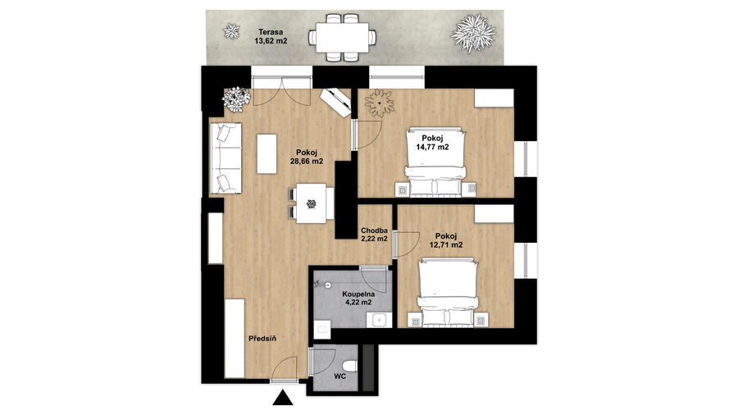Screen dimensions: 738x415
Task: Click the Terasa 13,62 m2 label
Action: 271,37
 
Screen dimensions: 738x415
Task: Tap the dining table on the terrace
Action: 342,37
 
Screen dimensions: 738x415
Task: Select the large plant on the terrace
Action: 473,33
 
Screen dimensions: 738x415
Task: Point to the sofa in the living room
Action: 226,158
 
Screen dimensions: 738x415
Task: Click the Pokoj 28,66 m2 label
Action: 307,157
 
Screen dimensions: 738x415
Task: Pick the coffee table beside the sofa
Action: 266,154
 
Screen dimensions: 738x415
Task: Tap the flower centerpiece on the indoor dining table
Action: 311,203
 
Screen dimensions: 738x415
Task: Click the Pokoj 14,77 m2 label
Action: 432,143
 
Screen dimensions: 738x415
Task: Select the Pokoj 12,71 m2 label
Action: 446,240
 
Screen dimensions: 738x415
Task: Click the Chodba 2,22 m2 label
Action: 374,235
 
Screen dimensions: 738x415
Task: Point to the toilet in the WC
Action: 349,366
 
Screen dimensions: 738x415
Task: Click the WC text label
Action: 339,377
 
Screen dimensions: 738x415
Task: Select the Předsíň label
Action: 262,338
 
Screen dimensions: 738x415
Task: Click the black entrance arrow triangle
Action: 282,398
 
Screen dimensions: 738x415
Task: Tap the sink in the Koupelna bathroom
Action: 380,321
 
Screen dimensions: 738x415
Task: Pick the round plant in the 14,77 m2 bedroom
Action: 380,103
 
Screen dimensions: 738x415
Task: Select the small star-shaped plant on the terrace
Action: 231,31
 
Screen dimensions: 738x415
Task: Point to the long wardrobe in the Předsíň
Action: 235,338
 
